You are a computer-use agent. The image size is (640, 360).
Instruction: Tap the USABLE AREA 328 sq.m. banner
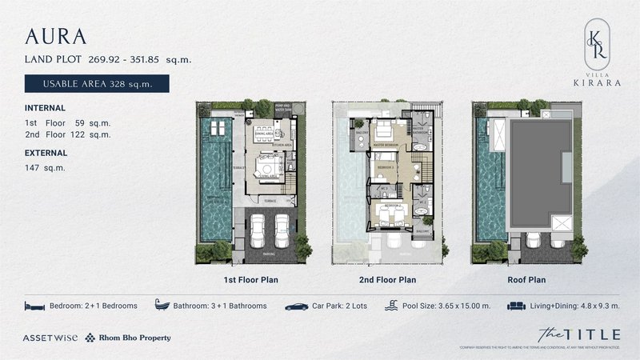[98, 83]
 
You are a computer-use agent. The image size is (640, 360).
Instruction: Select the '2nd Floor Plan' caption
[386, 281]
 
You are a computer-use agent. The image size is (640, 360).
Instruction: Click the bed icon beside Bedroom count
[34, 306]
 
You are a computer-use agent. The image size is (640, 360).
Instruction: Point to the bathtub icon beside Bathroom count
[169, 306]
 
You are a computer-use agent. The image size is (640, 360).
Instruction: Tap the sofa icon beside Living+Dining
[517, 306]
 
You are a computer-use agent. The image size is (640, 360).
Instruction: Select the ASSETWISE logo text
[50, 338]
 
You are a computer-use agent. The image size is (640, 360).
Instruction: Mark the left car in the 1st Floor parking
[259, 232]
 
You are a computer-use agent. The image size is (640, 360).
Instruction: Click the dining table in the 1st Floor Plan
[262, 130]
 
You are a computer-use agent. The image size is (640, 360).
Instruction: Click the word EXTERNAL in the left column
[46, 152]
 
